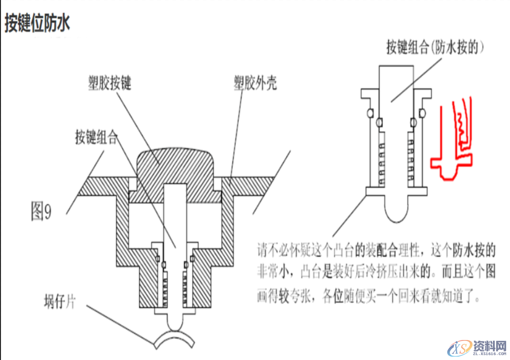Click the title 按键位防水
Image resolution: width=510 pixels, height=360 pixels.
37,23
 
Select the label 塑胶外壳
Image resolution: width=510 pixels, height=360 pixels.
255,84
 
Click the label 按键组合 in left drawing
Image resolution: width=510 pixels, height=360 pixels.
96,138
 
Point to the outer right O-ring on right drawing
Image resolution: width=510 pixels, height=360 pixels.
421,112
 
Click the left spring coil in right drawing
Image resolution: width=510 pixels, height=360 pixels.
381,160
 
